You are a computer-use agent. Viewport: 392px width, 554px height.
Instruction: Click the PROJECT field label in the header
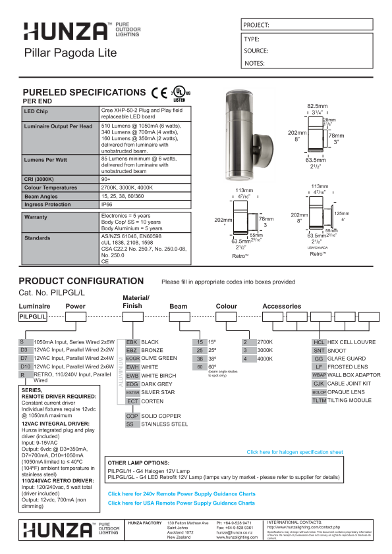[x=256, y=25]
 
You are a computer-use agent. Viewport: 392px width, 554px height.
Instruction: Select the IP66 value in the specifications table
[x=107, y=205]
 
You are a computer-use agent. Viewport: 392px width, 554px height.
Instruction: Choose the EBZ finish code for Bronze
[x=132, y=351]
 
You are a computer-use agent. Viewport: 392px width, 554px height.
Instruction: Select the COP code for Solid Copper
[x=132, y=416]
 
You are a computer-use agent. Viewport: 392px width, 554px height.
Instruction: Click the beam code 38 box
[x=199, y=360]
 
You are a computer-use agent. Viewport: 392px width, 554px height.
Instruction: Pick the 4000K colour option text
[x=264, y=359]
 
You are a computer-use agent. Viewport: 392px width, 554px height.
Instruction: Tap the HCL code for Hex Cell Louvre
[x=319, y=342]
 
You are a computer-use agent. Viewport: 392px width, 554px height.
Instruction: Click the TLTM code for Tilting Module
[x=319, y=400]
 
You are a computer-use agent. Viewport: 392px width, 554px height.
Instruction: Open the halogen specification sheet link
[x=294, y=452]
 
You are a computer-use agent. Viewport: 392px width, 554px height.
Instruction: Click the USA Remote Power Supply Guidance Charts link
[x=181, y=503]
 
